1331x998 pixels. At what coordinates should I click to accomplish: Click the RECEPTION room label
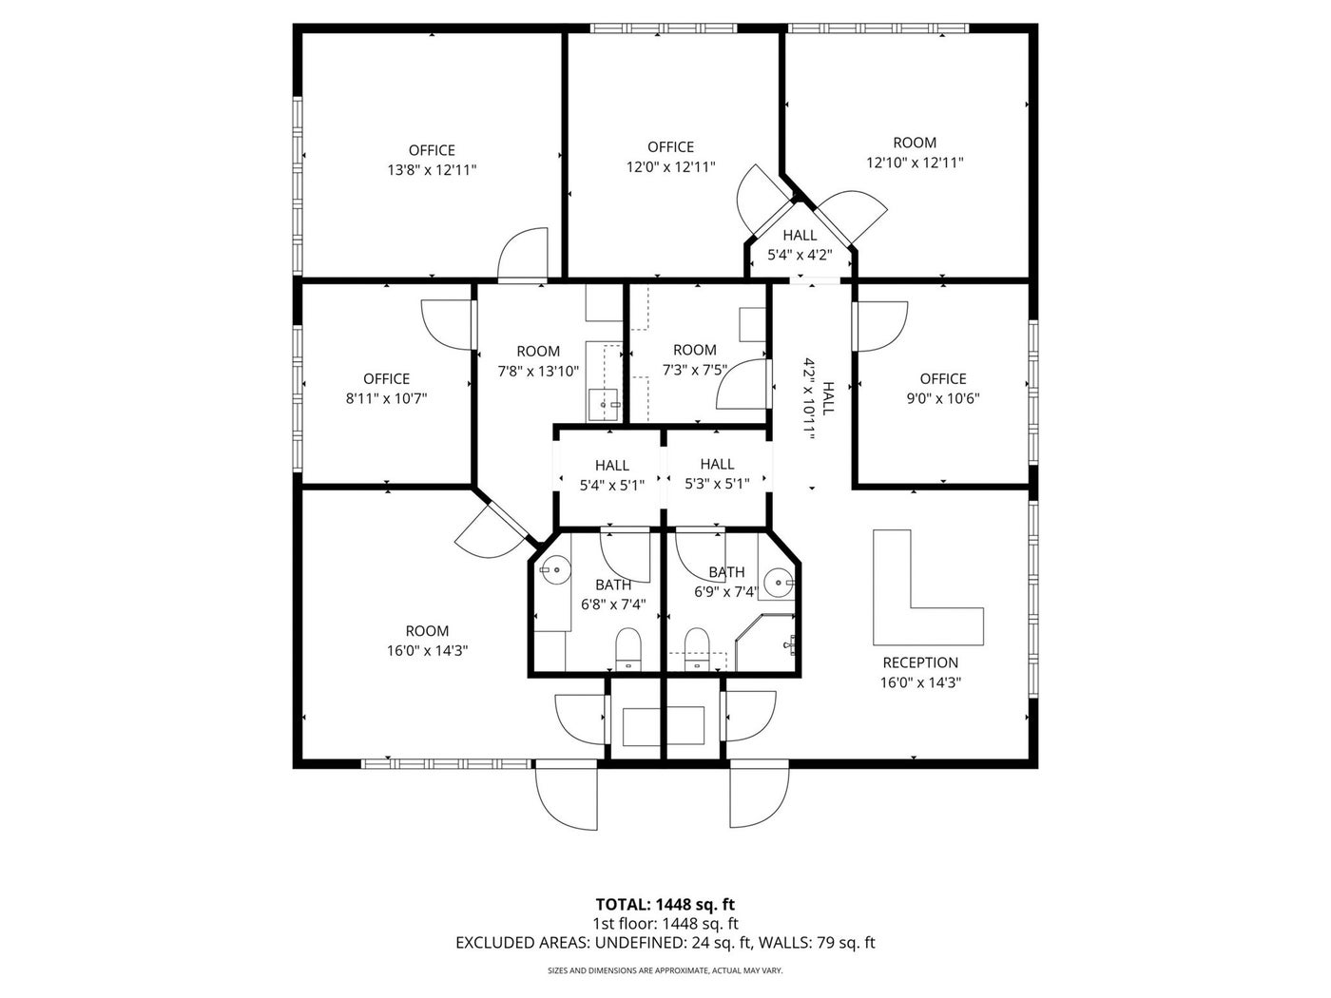920,662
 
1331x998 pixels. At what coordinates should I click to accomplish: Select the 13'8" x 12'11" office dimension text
432,170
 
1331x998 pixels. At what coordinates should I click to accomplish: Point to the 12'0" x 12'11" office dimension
670,166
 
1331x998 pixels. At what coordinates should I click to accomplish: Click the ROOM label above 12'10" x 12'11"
915,143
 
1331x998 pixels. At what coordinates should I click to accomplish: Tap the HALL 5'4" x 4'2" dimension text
800,255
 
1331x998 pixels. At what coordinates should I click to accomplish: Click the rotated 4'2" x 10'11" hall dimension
808,398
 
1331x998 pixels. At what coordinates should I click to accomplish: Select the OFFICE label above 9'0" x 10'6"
943,378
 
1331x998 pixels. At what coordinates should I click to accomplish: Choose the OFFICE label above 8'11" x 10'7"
386,378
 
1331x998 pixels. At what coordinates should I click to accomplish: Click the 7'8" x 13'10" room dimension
538,371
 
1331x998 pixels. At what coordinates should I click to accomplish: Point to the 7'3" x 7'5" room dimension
694,370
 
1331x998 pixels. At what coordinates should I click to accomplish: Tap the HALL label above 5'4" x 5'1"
612,466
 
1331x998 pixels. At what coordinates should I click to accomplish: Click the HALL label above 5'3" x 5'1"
718,464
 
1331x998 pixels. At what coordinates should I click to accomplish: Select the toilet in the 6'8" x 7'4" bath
628,649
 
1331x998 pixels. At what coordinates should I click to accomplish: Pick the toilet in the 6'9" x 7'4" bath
697,649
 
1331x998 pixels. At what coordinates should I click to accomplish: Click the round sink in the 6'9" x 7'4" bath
778,583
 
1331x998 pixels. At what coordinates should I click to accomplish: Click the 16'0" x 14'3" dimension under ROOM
428,651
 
